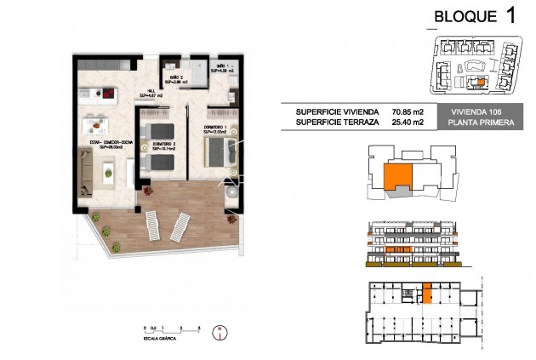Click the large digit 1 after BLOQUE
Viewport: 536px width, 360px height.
(x=510, y=15)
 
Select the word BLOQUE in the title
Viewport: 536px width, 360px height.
(x=465, y=16)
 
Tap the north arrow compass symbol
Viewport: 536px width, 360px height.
(x=222, y=329)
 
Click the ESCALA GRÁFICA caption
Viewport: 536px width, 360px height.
(x=162, y=338)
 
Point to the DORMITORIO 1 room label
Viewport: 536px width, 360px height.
(x=216, y=130)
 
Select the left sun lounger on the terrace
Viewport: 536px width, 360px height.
(x=150, y=226)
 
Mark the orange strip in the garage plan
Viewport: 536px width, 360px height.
(x=428, y=294)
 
